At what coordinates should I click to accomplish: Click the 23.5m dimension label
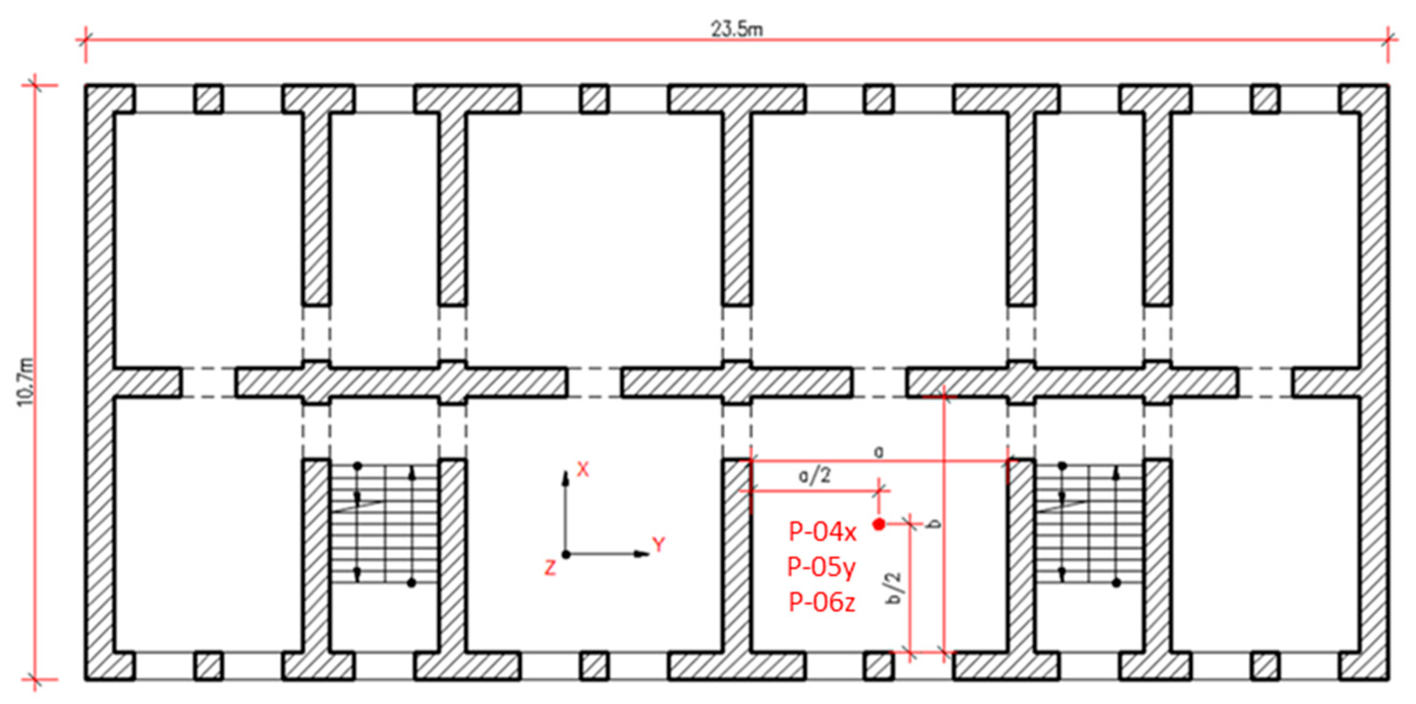click(x=737, y=29)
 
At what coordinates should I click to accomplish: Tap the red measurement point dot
click(x=879, y=524)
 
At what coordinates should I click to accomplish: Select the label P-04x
click(x=823, y=532)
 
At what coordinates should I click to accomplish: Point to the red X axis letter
click(x=583, y=469)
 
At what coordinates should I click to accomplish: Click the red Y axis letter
click(x=659, y=545)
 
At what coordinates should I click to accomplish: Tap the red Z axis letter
click(x=550, y=567)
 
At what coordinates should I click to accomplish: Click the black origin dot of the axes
click(x=565, y=554)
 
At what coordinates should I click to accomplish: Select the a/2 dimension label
click(x=815, y=476)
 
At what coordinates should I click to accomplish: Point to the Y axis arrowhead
click(x=642, y=554)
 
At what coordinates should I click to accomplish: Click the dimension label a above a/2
click(x=879, y=453)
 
